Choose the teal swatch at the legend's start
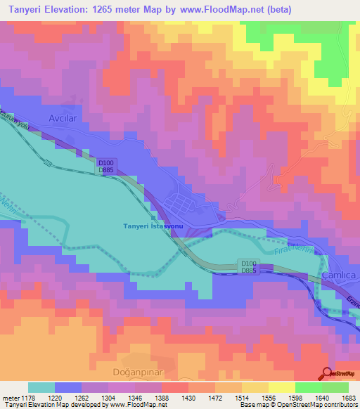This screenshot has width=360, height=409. [x=41, y=387]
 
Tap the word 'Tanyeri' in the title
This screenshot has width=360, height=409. [x=24, y=10]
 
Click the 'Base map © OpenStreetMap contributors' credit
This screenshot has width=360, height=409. [x=298, y=405]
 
